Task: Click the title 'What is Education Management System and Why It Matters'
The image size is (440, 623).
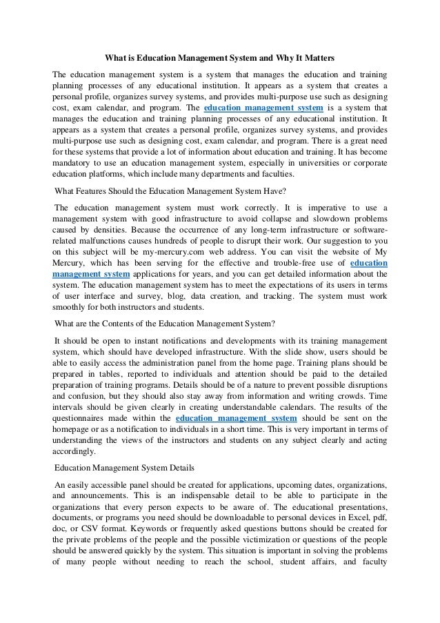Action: pos(219,59)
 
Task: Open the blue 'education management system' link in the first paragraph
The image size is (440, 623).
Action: pos(258,108)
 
